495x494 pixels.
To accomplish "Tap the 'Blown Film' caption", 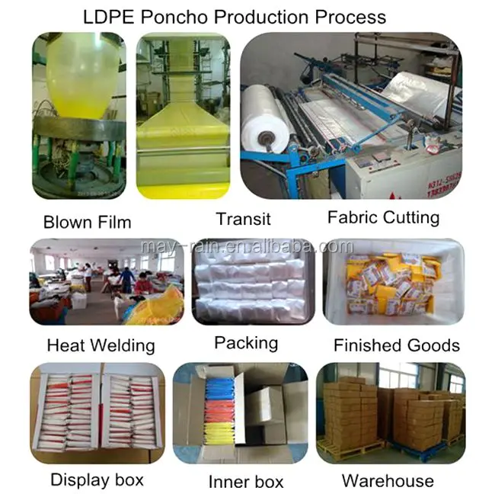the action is pos(87,223).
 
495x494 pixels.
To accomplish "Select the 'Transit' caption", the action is pos(243,220).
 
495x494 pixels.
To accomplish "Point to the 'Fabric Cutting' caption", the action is pos(383,217).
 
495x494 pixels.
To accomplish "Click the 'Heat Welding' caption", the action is pos(101,345).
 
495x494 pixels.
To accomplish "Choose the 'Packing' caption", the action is pos(245,343).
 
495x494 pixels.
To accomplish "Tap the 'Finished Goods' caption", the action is pos(396,345).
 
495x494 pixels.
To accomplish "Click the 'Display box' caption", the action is pos(97,480).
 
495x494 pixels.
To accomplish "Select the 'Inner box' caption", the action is pos(245,482).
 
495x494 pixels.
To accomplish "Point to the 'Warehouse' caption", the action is pos(388,480).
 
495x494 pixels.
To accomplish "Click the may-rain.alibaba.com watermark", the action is pos(247,247).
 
